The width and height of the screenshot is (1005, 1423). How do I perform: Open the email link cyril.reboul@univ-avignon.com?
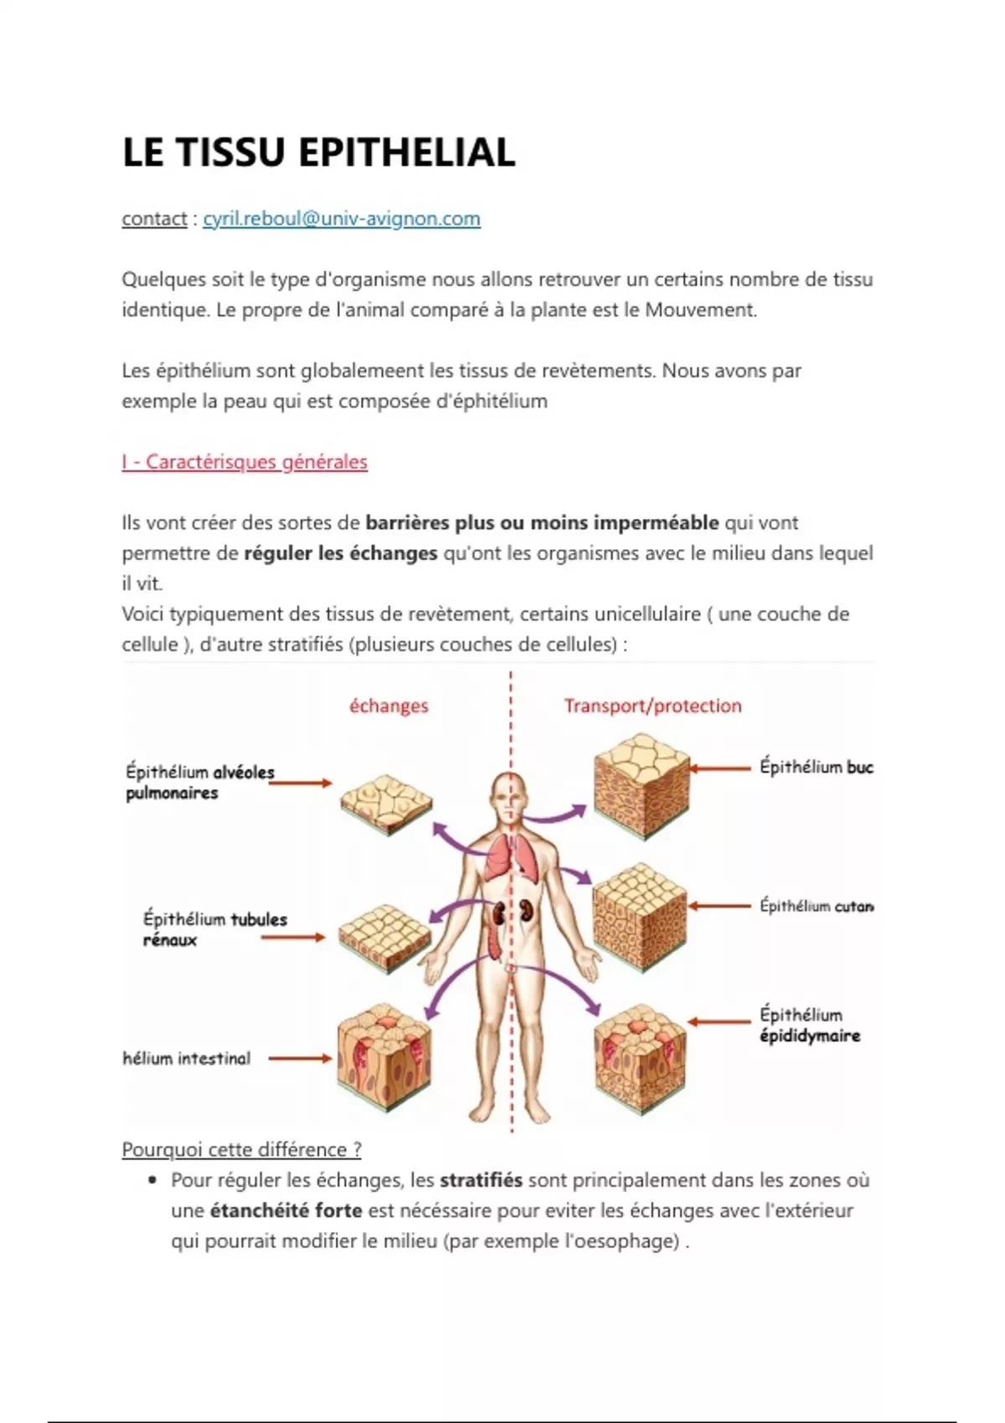(342, 219)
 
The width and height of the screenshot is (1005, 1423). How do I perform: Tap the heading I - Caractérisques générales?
(245, 462)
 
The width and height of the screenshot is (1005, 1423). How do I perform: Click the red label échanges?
(389, 706)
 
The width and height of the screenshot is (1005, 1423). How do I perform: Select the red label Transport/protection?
(652, 706)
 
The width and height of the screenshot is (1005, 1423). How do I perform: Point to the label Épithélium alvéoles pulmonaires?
(199, 782)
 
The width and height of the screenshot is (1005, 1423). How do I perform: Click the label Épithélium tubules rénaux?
(214, 929)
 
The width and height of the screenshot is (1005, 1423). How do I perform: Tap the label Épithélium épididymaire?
(809, 1025)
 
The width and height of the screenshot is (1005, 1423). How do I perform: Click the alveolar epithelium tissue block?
(386, 804)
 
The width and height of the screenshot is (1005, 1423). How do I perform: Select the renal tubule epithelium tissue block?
(385, 938)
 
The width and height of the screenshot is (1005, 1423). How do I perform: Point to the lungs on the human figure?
(512, 858)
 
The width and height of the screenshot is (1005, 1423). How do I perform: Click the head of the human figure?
(510, 795)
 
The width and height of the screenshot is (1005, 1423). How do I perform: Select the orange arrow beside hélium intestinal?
(300, 1058)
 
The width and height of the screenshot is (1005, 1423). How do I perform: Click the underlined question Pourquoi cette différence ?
(241, 1150)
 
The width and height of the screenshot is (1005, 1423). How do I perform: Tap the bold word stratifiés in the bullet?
(481, 1180)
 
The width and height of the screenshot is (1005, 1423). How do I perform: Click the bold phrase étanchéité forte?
(286, 1210)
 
